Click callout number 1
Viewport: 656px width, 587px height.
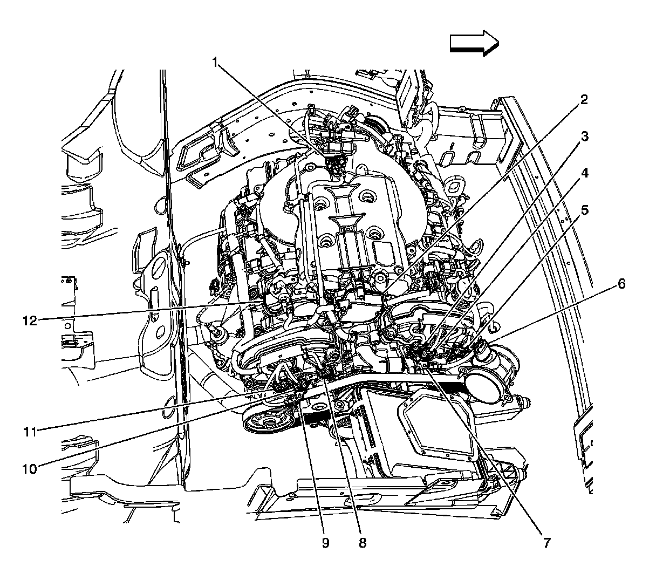point(215,62)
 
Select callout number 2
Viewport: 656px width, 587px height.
point(584,100)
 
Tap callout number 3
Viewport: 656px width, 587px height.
point(584,136)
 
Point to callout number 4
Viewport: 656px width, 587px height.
point(584,173)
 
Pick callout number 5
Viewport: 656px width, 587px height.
point(584,210)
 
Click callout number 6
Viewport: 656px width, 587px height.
point(621,284)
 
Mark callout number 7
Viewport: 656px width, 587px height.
point(547,543)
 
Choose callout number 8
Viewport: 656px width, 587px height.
point(363,543)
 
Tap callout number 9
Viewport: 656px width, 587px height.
point(325,543)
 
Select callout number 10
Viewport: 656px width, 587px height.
point(30,469)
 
